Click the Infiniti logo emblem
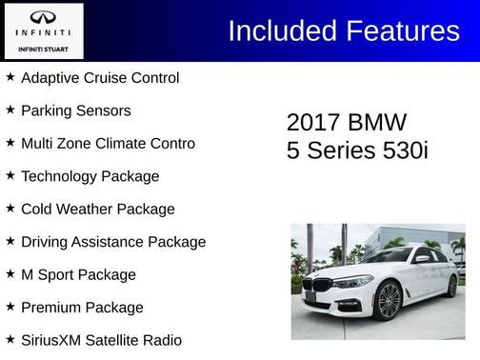42,17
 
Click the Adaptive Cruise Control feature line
100,77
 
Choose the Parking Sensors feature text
75,110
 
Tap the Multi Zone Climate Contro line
108,143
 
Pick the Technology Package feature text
90,176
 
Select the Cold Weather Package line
97,209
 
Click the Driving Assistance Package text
112,242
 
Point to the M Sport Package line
78,274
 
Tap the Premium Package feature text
82,308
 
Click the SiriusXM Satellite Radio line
101,340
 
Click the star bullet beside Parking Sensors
10,110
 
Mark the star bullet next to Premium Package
10,307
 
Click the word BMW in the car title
378,123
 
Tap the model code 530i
401,150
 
